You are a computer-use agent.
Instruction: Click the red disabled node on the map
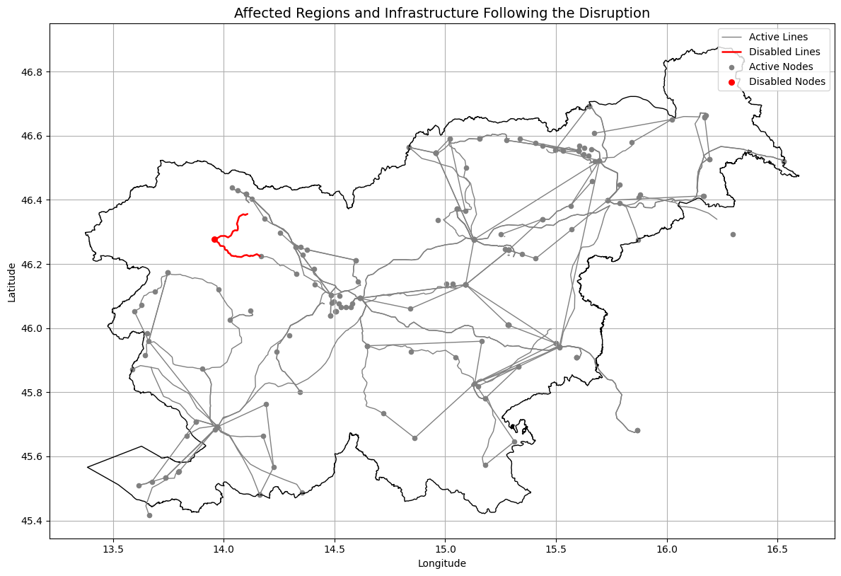tap(214, 239)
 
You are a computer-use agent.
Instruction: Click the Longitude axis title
tap(442, 563)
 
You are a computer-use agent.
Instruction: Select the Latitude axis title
tap(12, 282)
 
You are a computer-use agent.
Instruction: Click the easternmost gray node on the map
tap(784, 161)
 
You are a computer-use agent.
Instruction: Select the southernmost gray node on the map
tap(149, 515)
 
